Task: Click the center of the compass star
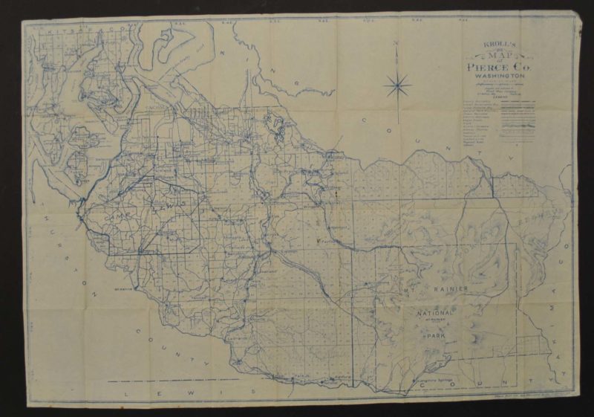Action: (398, 85)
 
